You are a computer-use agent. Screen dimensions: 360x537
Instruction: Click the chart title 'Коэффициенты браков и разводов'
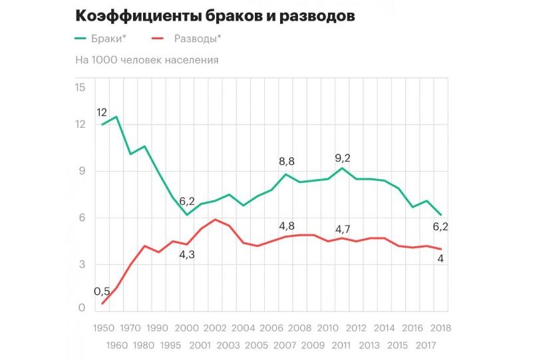215,15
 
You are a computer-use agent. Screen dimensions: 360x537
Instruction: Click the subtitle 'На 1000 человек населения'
147,60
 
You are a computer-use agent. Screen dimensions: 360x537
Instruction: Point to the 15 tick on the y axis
81,88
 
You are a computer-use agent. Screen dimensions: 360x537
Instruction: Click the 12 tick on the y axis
81,124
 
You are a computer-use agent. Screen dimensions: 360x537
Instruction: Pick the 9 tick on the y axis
83,171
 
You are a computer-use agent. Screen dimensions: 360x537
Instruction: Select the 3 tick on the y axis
83,264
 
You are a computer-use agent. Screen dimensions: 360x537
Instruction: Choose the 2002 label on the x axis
215,329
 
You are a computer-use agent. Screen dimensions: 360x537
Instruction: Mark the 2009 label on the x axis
313,346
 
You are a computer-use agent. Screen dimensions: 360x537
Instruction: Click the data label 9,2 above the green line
341,158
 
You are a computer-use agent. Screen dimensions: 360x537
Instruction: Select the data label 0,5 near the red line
102,291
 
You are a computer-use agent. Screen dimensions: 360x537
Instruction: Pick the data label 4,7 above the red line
341,230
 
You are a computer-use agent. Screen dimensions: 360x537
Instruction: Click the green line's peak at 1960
116,117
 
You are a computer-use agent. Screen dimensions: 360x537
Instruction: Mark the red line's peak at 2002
215,220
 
